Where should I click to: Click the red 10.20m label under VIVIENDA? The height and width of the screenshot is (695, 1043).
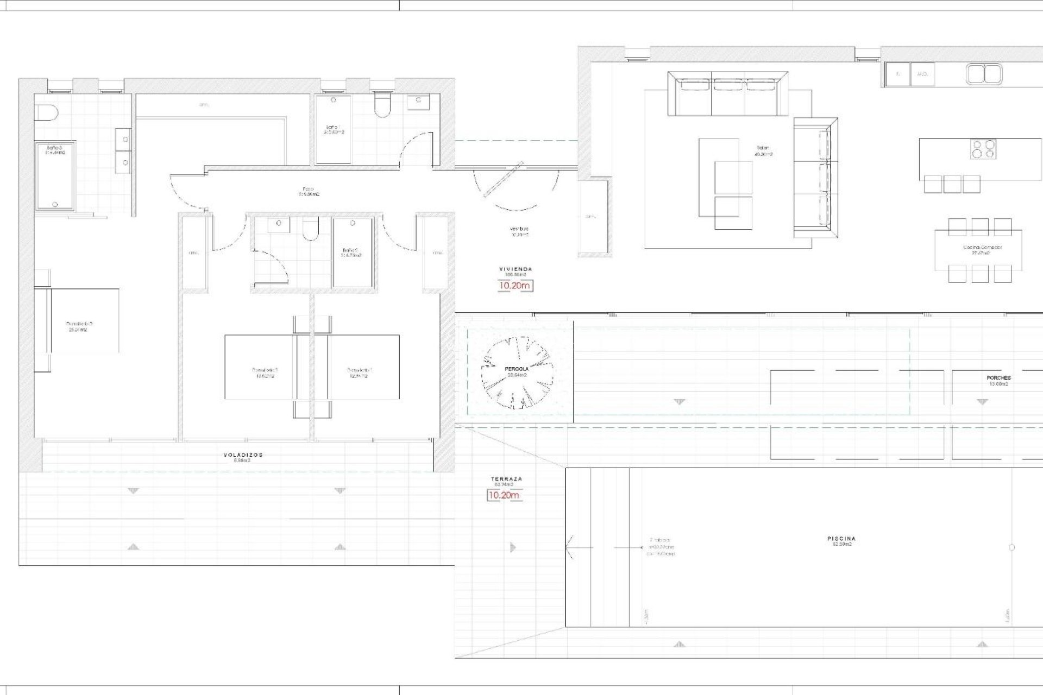click(x=515, y=285)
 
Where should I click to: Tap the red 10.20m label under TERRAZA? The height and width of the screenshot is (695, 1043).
click(x=504, y=495)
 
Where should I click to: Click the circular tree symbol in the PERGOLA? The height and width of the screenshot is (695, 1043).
click(x=517, y=372)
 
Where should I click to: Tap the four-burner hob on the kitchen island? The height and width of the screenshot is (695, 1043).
click(x=984, y=149)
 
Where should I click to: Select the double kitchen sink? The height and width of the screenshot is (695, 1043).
click(x=984, y=74)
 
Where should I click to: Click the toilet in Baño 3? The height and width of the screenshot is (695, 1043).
click(x=47, y=113)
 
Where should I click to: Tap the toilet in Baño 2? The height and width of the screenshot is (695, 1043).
click(x=311, y=230)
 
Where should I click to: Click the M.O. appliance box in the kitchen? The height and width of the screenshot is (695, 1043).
click(x=922, y=74)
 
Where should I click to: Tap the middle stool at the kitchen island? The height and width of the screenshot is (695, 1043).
click(x=952, y=184)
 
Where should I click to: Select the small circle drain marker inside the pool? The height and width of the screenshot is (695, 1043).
click(x=1011, y=548)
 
